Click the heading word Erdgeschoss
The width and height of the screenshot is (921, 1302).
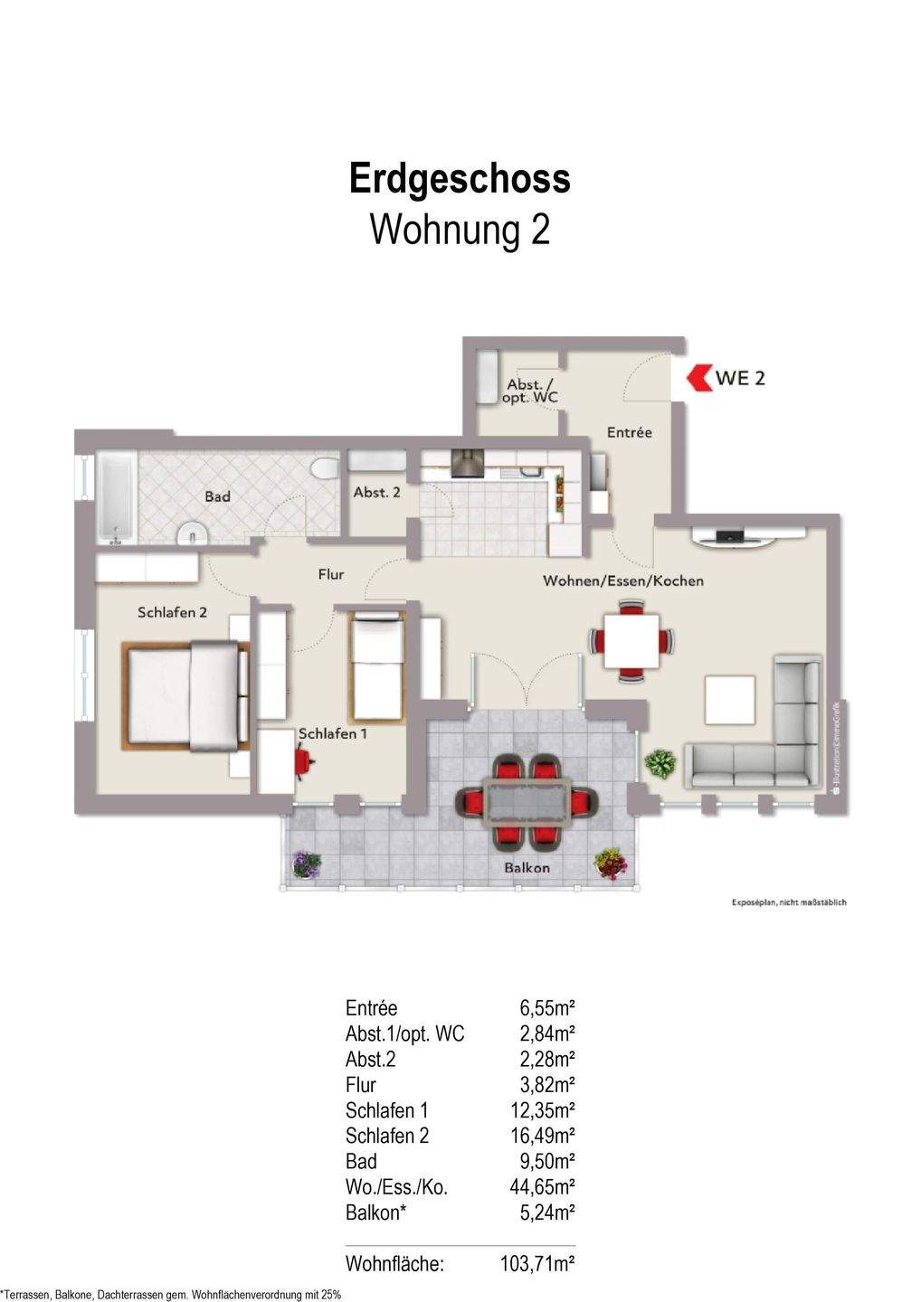click(460, 178)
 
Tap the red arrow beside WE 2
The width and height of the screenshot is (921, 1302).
click(698, 377)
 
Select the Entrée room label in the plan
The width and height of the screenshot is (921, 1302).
click(629, 432)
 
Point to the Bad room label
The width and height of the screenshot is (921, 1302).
click(217, 496)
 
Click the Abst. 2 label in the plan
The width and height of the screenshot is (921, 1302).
click(376, 493)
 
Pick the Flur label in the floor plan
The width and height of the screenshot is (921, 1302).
click(331, 574)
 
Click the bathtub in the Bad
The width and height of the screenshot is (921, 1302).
click(116, 498)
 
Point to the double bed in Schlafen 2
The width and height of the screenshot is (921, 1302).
click(186, 695)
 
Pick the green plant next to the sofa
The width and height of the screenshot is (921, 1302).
click(660, 764)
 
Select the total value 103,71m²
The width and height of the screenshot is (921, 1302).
click(537, 1264)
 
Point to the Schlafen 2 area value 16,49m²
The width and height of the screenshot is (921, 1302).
click(543, 1136)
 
